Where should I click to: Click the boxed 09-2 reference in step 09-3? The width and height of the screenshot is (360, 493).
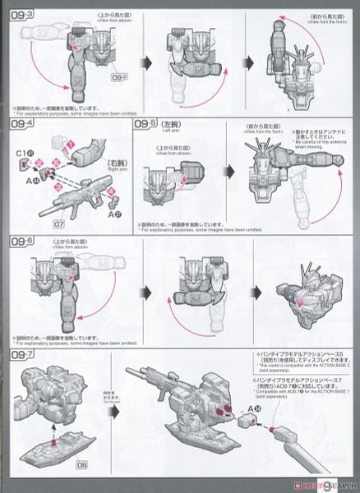pyautogui.click(x=118, y=99)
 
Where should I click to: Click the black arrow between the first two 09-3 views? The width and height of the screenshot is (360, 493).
pyautogui.click(x=150, y=61)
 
